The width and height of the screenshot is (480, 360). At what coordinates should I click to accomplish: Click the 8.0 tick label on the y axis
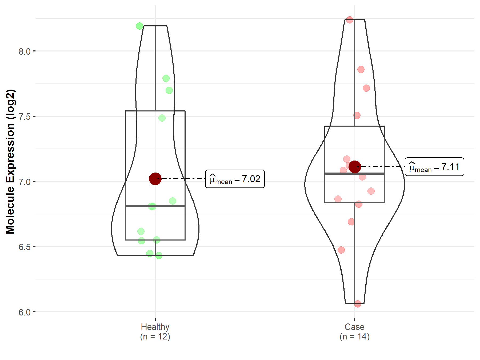25,51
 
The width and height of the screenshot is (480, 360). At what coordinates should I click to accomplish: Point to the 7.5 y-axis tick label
25,117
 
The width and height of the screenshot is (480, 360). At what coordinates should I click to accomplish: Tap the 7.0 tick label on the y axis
25,182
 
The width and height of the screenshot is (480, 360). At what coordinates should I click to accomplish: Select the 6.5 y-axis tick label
25,247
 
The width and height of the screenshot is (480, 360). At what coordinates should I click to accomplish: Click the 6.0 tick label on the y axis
25,312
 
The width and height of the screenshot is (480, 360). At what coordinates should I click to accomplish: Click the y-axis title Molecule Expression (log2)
10,162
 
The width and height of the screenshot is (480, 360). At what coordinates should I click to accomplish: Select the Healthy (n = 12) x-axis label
155,332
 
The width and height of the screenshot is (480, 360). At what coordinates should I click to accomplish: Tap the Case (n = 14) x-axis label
355,332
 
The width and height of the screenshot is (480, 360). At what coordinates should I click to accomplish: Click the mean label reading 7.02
235,179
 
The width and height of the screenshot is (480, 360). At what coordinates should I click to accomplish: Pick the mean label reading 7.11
434,167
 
